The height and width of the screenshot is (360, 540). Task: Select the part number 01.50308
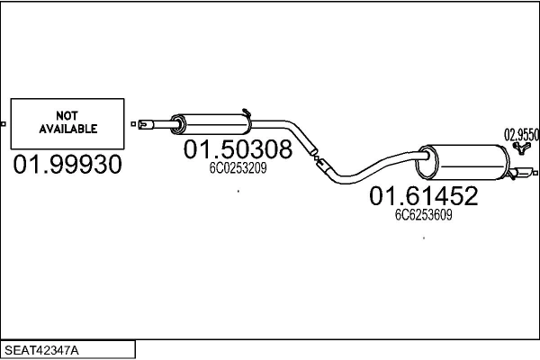(238, 149)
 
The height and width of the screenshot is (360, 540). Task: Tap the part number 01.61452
(422, 195)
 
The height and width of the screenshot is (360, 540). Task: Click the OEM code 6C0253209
(238, 168)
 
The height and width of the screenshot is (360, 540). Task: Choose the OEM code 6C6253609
(423, 215)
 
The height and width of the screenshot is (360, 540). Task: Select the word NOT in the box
(67, 115)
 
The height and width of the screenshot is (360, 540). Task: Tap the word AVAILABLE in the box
(67, 129)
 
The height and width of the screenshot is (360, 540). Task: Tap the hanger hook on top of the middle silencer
(247, 112)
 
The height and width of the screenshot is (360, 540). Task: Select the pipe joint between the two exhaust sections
(316, 160)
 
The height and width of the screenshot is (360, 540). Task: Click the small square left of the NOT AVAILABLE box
(4, 123)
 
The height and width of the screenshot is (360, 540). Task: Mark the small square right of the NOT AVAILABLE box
(132, 123)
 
